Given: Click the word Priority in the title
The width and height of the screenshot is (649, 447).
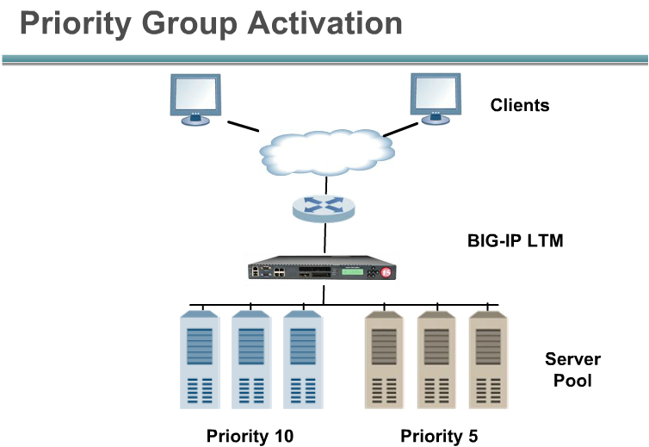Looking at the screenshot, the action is [76, 24].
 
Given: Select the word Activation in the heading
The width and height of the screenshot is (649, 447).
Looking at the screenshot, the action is [324, 23].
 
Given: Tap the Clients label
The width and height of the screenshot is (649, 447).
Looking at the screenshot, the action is [520, 105].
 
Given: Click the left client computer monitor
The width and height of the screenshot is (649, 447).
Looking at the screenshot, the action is [195, 99].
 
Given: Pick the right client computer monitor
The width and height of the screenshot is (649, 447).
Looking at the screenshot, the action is [436, 98].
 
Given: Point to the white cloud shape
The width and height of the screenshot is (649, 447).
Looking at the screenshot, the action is [326, 152].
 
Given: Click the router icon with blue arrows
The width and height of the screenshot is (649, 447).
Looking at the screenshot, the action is [324, 208].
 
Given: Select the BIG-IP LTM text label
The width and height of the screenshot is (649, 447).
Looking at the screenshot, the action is [516, 240].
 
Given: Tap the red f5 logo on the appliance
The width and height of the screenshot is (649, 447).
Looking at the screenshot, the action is [386, 272].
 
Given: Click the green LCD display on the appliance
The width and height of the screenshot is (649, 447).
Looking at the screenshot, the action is [352, 272].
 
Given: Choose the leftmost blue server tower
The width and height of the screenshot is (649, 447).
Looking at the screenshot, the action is [200, 360].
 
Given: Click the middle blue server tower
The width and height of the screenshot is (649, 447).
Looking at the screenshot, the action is [251, 360].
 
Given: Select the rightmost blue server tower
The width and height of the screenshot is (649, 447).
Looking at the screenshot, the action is [303, 360].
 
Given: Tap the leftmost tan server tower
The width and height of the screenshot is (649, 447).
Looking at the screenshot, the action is [384, 360].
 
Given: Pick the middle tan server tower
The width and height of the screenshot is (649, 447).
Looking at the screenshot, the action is [436, 360].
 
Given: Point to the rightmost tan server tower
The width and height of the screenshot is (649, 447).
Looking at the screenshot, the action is [488, 360].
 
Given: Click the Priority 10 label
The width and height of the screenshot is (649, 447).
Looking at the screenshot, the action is [250, 436].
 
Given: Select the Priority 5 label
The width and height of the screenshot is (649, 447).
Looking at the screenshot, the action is [439, 436].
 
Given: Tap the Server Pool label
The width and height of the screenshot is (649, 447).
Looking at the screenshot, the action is [573, 369].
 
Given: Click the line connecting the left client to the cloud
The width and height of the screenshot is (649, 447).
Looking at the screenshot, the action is [244, 127].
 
